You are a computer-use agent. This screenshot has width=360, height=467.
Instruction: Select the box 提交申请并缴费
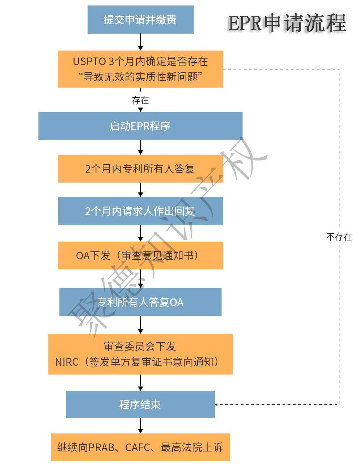140,20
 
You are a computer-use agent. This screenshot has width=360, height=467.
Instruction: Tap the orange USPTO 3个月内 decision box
140,69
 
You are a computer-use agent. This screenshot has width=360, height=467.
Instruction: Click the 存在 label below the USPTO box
140,100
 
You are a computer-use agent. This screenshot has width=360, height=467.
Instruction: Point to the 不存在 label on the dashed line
339,237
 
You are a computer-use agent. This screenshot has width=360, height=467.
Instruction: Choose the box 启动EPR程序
140,126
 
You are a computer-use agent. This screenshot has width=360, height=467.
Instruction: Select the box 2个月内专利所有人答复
140,169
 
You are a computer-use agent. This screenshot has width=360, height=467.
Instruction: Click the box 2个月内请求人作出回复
140,211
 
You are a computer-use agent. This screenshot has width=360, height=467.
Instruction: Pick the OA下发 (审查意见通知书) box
140,255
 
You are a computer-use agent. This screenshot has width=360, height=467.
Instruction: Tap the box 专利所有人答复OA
140,302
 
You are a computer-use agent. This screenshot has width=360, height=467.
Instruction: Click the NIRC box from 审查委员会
140,354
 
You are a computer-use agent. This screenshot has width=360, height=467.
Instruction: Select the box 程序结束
140,404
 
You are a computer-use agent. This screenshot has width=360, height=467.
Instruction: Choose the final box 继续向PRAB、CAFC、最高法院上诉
140,447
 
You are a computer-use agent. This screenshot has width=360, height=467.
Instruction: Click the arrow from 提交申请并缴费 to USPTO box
140,42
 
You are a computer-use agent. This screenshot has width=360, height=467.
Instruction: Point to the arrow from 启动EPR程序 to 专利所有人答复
140,147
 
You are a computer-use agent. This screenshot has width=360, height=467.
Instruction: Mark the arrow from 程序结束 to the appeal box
140,426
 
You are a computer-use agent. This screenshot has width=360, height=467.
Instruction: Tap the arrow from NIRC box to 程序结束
140,382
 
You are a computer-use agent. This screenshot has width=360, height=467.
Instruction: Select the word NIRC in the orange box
67,362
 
